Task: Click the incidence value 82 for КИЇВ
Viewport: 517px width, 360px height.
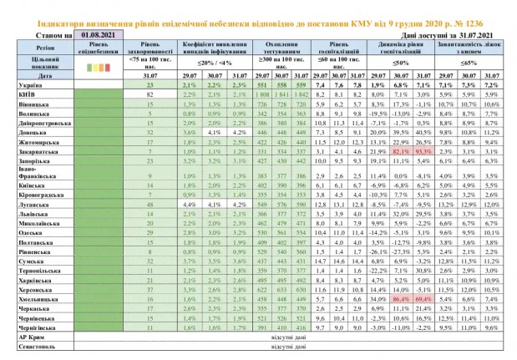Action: tap(151, 95)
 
